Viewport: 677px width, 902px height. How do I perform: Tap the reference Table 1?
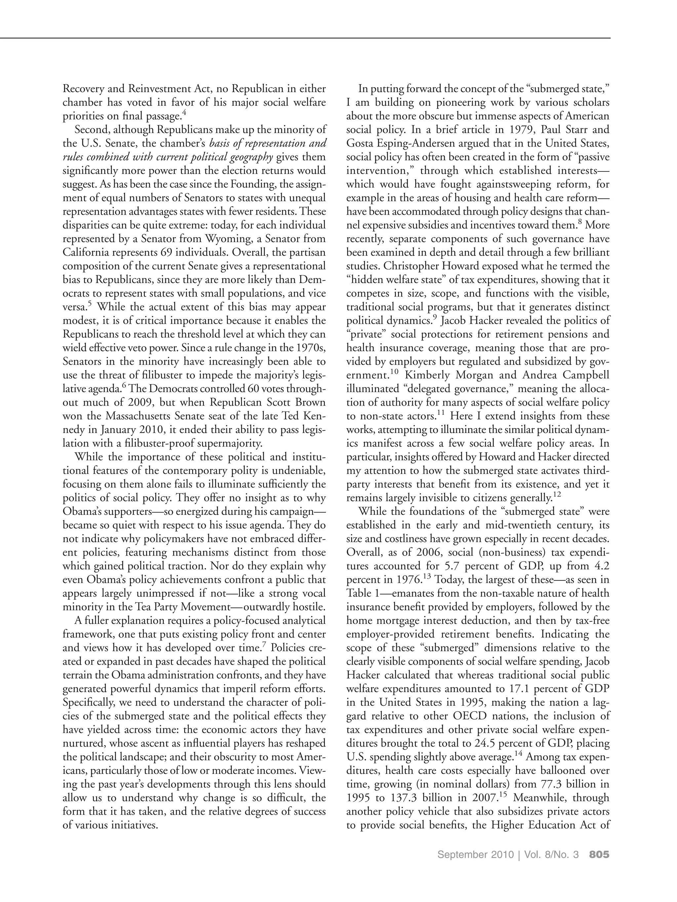click(363, 593)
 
